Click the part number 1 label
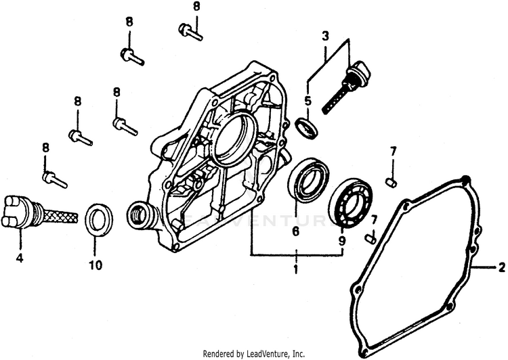tap(295, 270)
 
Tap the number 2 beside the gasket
tap(501, 268)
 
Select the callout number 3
tap(325, 34)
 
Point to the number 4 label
tap(20, 258)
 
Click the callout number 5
tap(308, 102)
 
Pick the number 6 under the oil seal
tap(295, 231)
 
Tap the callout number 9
tap(341, 241)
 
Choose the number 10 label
tap(96, 265)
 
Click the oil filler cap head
tap(357, 71)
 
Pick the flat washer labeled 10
tap(100, 221)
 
